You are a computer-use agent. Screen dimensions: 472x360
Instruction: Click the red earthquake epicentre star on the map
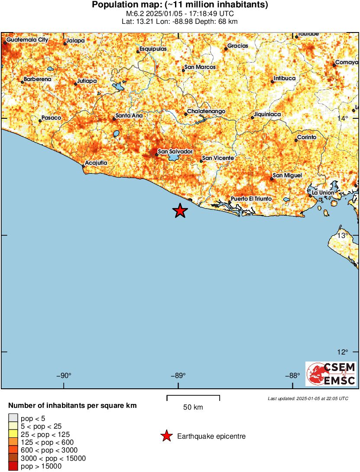pos(180,211)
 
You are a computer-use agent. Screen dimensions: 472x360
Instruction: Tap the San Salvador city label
pos(175,151)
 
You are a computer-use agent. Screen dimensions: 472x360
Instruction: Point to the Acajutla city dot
pos(84,166)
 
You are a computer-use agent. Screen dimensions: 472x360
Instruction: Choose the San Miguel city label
pos(287,175)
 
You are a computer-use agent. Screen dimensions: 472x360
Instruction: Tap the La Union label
pos(323,192)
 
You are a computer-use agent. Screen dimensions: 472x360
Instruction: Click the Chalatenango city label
pos(206,111)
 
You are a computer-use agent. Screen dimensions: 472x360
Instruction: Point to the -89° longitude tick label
pos(178,376)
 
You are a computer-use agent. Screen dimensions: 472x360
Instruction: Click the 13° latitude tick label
pos(343,235)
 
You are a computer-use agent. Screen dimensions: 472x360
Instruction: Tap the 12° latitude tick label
pos(343,352)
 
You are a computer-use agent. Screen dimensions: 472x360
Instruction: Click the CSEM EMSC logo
pos(331,374)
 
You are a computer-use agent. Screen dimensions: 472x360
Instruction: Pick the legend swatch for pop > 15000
pos(13,466)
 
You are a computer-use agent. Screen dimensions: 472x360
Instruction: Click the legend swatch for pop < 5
pos(13,418)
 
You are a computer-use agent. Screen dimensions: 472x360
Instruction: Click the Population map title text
pos(180,5)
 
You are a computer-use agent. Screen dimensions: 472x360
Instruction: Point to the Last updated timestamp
pos(308,398)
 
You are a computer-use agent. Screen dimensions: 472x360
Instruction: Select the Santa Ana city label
pos(129,116)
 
